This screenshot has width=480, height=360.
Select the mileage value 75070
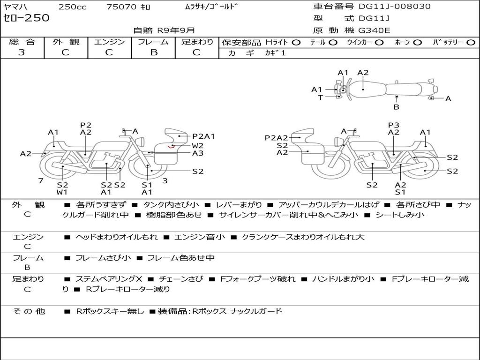pos(121,7)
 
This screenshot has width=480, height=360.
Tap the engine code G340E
pos(374,30)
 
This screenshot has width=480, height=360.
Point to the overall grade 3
pos(22,52)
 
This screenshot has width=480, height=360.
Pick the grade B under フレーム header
pos(153,52)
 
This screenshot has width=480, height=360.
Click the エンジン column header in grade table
pos(109,42)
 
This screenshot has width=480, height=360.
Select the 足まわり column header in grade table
pos(197,42)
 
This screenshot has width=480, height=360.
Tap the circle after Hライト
pos(296,42)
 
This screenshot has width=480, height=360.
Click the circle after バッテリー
pos(471,42)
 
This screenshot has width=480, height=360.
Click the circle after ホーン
pos(417,42)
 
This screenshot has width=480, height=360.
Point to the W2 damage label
pos(197,145)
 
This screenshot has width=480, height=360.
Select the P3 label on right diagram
pos(393,125)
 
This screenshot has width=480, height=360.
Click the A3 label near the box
pos(197,153)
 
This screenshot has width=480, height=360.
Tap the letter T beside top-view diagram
pos(320,97)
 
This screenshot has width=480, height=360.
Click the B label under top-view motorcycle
pos(396,107)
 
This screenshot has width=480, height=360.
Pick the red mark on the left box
pos(172,146)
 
